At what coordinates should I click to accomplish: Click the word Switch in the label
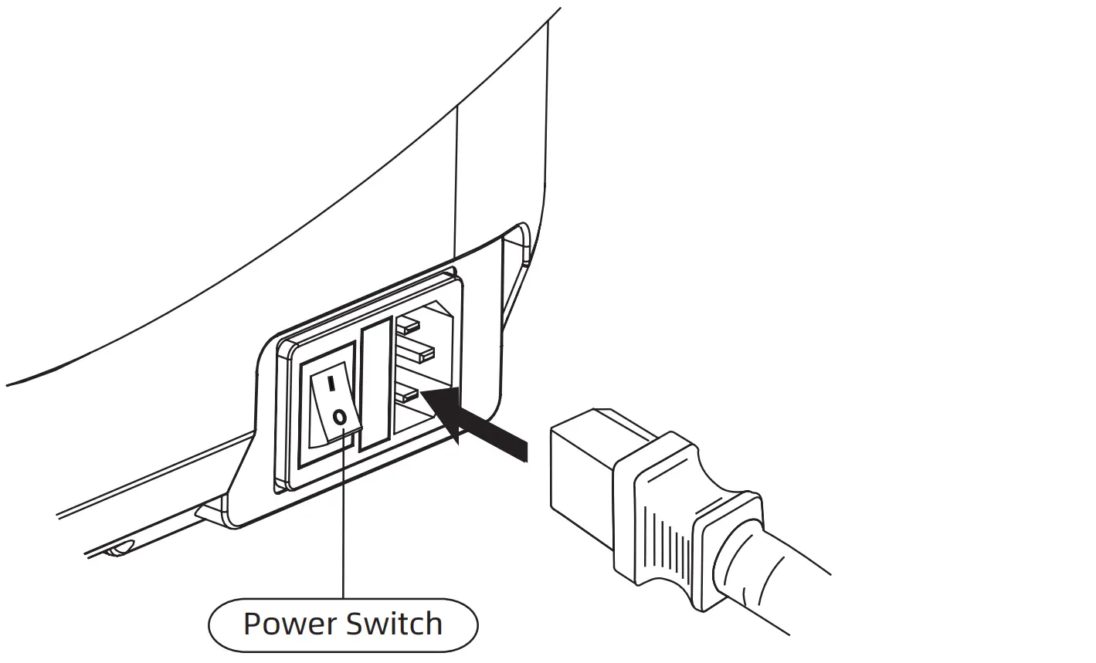coord(394,624)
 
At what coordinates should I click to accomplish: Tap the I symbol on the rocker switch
coord(331,382)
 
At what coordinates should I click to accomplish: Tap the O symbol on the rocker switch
coord(338,418)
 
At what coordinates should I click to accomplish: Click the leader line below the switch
coord(342,525)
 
